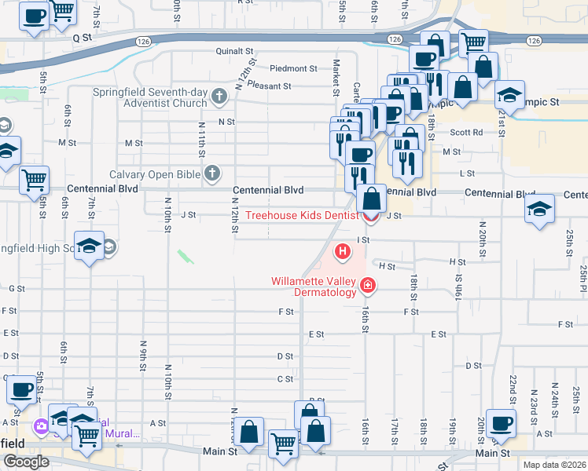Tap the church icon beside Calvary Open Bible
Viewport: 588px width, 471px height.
[x=211, y=173]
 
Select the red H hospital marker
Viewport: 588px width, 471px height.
[x=343, y=252]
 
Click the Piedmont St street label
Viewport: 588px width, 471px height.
[x=292, y=68]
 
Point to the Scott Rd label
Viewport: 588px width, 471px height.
[x=466, y=133]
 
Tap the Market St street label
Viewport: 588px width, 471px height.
[x=336, y=75]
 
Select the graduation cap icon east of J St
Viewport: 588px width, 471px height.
[x=540, y=208]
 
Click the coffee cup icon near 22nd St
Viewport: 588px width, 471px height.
[x=501, y=423]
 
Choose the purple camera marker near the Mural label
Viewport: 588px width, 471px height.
[x=39, y=426]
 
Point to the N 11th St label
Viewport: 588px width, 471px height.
[x=203, y=142]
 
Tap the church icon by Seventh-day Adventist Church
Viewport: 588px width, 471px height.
[x=219, y=97]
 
